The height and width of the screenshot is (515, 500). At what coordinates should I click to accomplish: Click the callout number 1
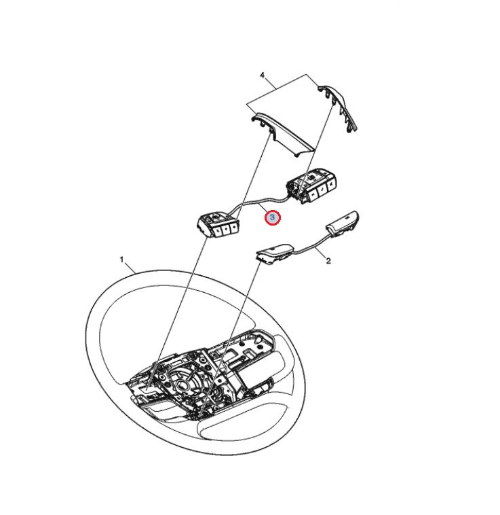(121, 260)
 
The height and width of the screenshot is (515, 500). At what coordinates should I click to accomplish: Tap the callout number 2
(328, 261)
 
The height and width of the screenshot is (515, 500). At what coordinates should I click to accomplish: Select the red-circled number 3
(273, 217)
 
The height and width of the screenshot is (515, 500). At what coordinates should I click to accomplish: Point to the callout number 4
(263, 76)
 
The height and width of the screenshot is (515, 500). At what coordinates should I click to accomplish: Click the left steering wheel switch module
(218, 224)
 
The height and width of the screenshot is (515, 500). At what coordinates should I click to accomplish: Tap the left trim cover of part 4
(282, 135)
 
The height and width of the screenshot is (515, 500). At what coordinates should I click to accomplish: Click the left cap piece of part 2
(275, 254)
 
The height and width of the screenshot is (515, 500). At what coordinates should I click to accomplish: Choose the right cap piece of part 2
(342, 224)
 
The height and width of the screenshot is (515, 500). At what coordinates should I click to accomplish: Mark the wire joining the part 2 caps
(310, 245)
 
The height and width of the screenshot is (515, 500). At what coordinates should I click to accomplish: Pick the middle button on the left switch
(226, 229)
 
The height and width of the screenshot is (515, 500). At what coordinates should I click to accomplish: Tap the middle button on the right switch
(322, 190)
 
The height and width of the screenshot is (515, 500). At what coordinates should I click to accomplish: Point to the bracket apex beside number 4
(306, 74)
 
